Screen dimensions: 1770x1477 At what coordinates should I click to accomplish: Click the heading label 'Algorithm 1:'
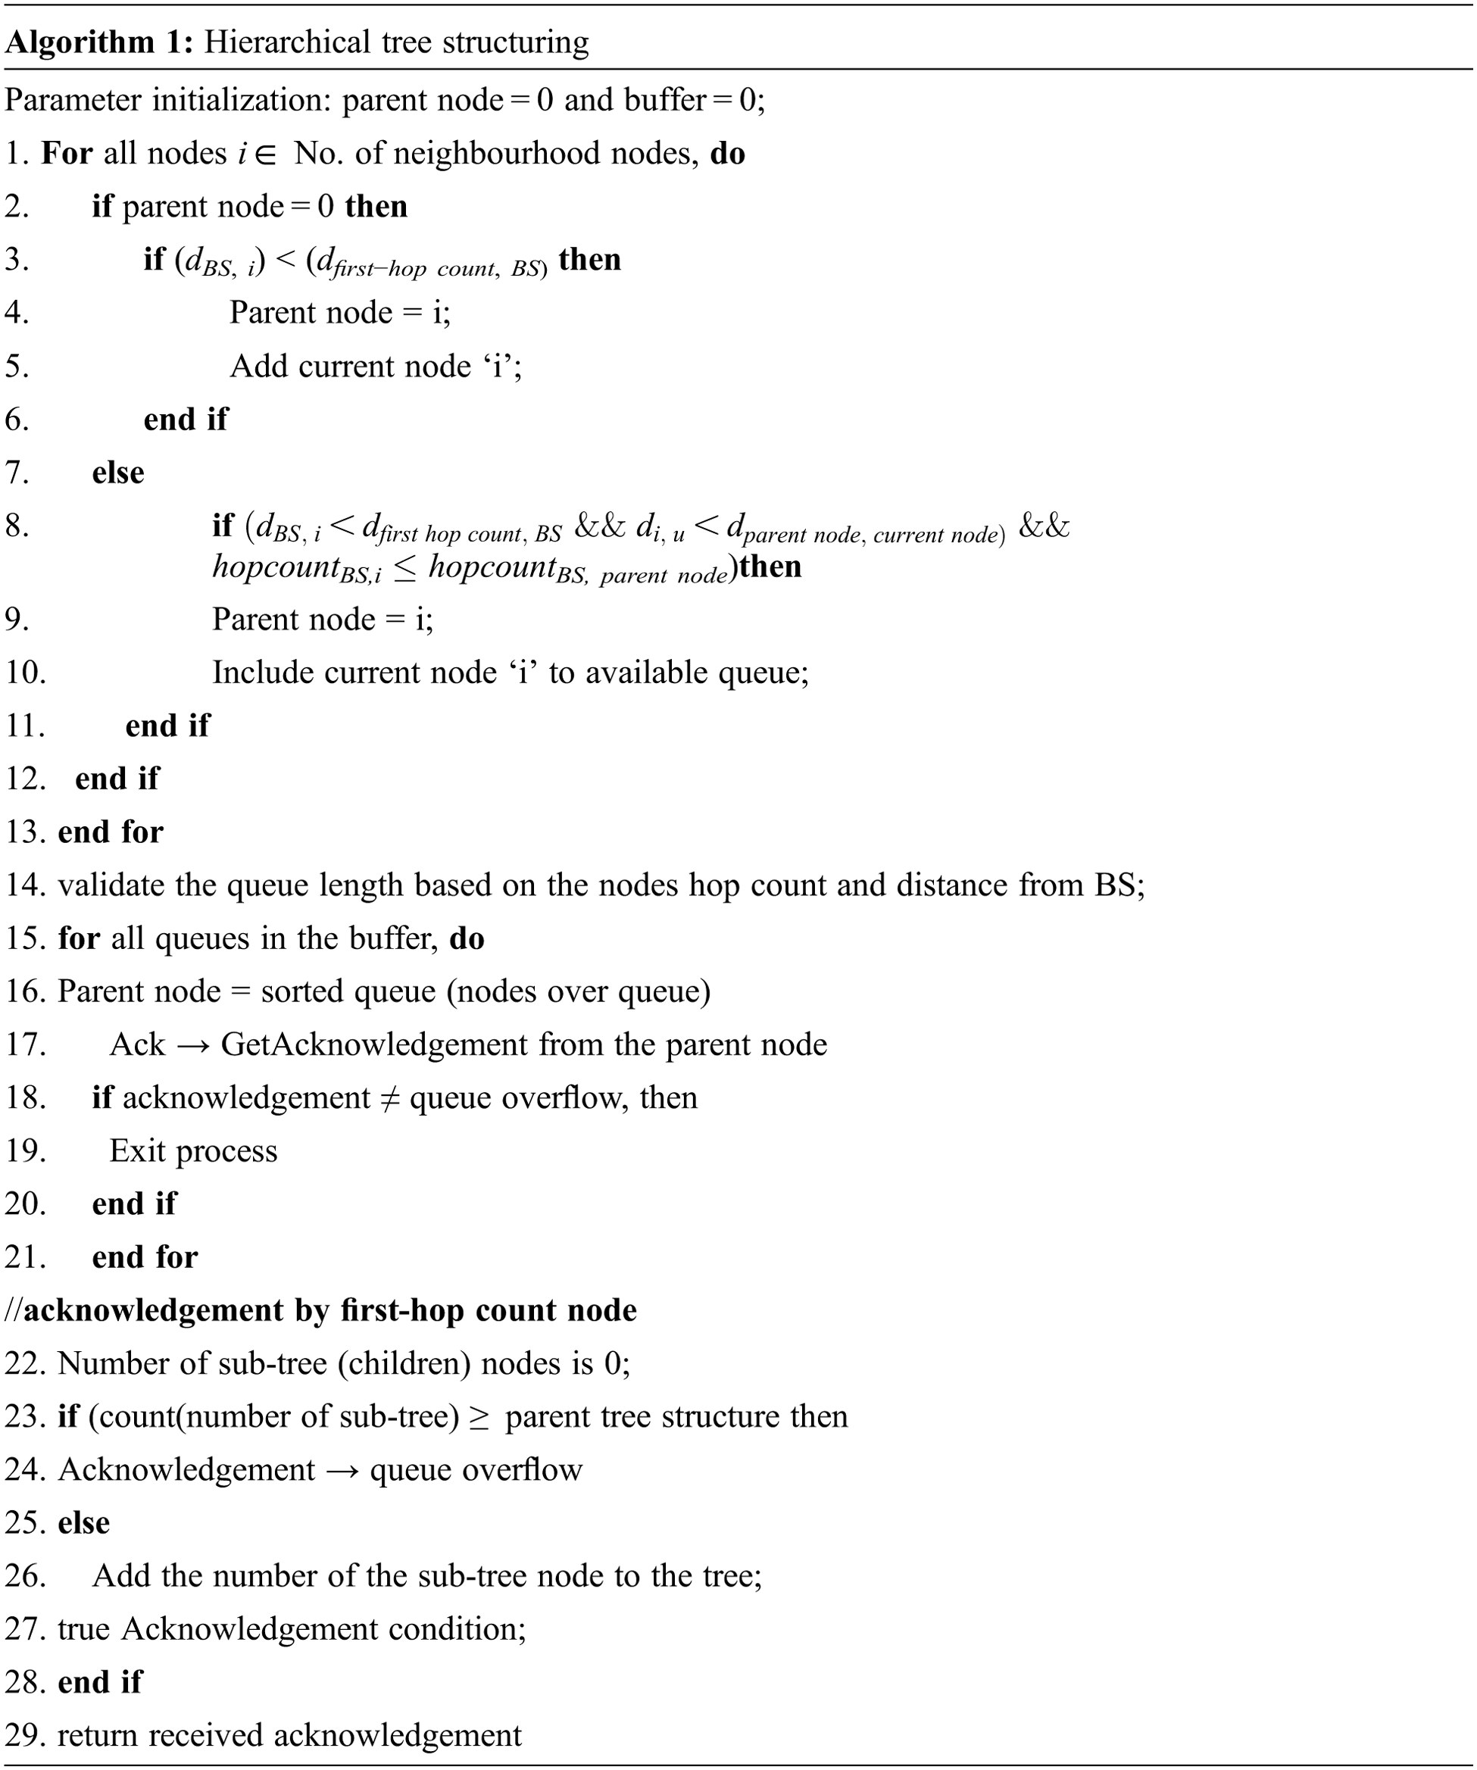[x=99, y=42]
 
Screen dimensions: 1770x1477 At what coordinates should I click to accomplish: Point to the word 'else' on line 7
[x=118, y=472]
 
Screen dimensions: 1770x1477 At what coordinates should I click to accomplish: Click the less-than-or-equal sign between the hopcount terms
[x=404, y=568]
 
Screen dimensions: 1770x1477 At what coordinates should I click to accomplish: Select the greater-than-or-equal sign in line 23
[x=479, y=1417]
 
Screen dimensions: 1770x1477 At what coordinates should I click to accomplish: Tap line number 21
[x=24, y=1256]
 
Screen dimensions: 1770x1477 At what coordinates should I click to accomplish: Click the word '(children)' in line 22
[x=404, y=1363]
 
